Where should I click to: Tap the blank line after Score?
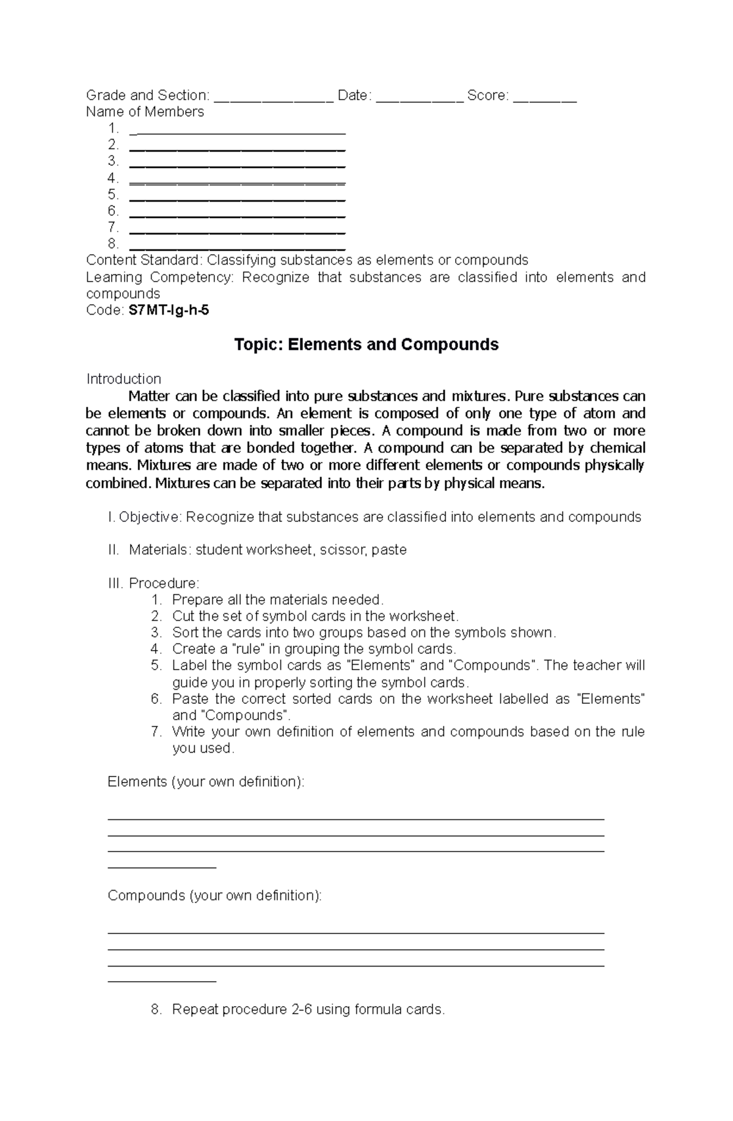point(545,100)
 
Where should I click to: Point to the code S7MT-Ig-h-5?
point(168,310)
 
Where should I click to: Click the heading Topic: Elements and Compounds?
point(366,345)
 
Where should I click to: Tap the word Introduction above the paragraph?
point(123,379)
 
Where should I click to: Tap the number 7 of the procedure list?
point(156,732)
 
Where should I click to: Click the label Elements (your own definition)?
point(206,782)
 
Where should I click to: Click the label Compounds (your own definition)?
point(214,896)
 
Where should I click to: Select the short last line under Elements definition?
point(162,866)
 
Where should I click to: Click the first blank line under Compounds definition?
point(356,932)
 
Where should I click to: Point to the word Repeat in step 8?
point(195,1009)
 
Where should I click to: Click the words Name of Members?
point(145,112)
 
